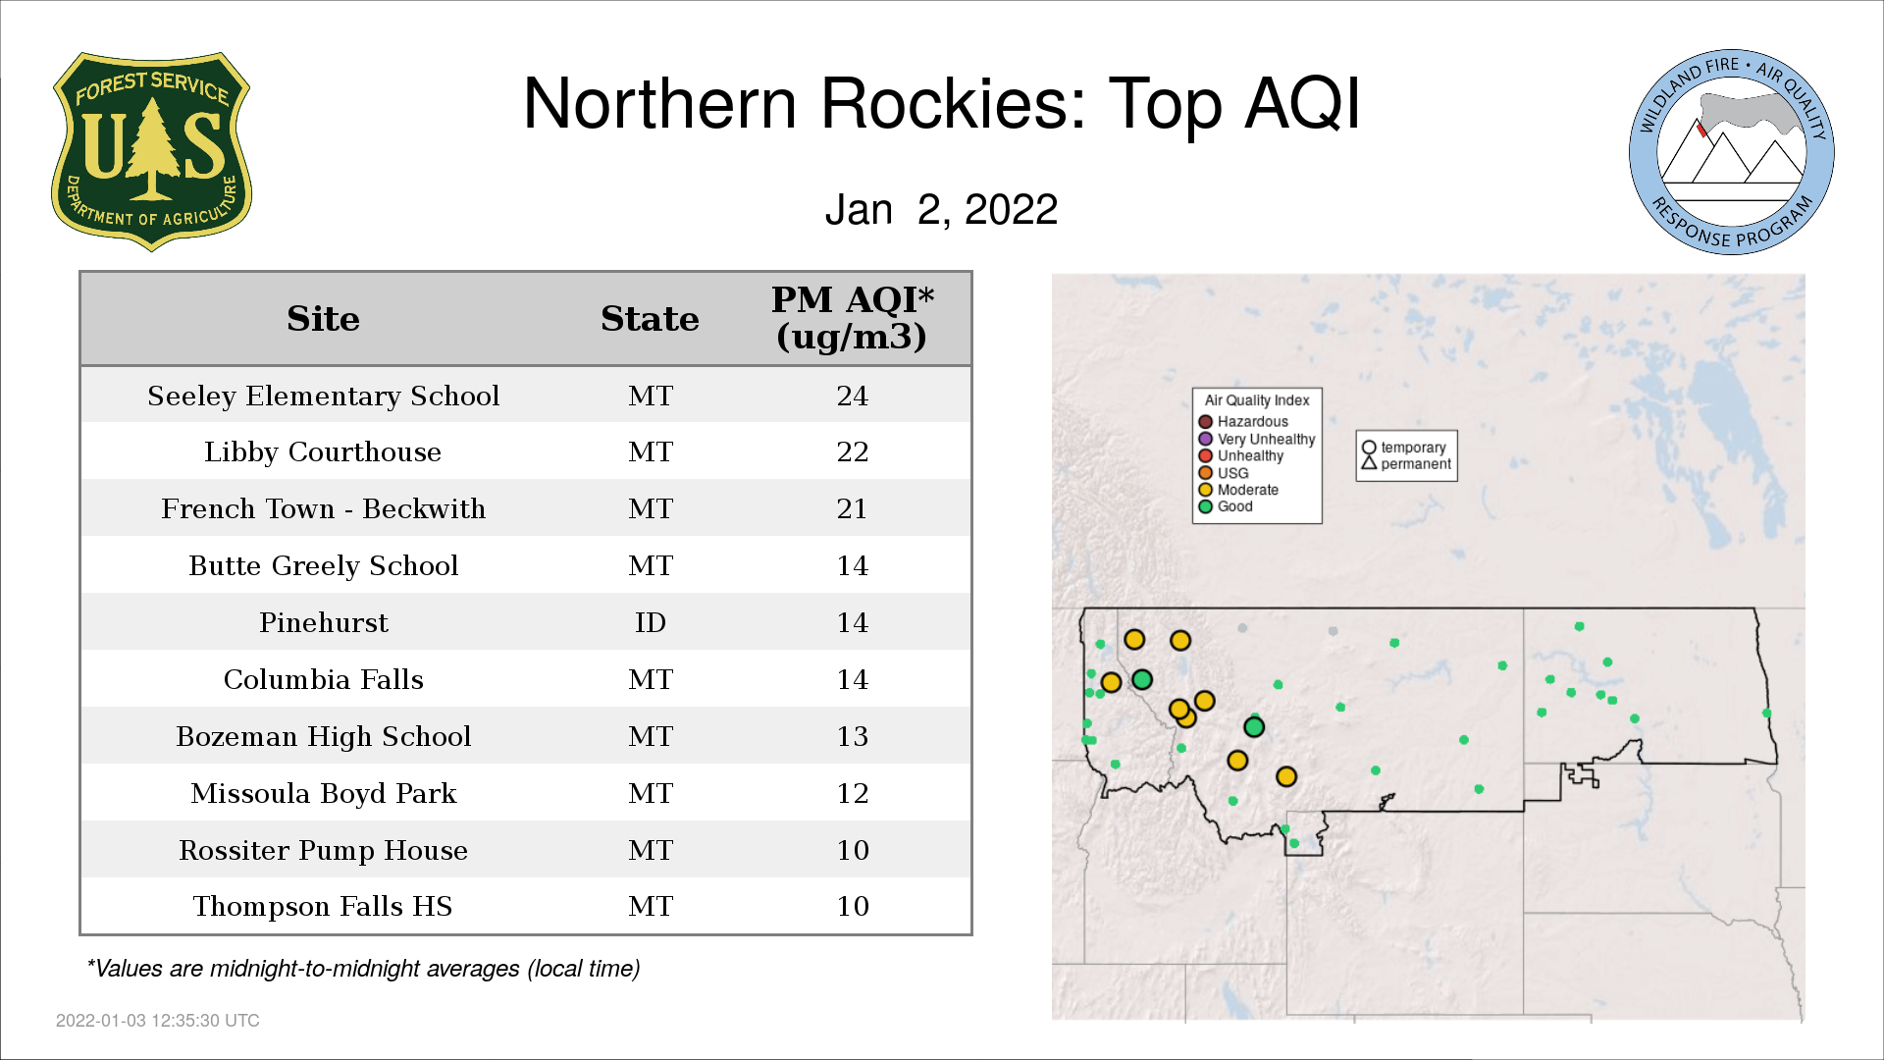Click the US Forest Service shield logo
(151, 151)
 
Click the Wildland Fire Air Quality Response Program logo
(1732, 152)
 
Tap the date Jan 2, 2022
(941, 209)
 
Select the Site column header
(323, 319)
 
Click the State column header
(650, 319)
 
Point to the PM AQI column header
(852, 318)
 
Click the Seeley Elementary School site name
(323, 396)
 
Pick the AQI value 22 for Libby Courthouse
(852, 451)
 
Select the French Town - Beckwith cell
(323, 508)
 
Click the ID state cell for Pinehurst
(650, 622)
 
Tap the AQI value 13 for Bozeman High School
(852, 736)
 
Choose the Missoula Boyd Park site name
(323, 793)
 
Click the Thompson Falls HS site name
(323, 906)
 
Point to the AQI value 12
(852, 793)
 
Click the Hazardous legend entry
(1243, 422)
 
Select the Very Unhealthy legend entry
(1257, 439)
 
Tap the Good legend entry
(1226, 506)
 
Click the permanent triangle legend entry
(1406, 463)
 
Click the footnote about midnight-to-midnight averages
(363, 969)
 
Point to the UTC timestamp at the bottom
(158, 1021)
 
